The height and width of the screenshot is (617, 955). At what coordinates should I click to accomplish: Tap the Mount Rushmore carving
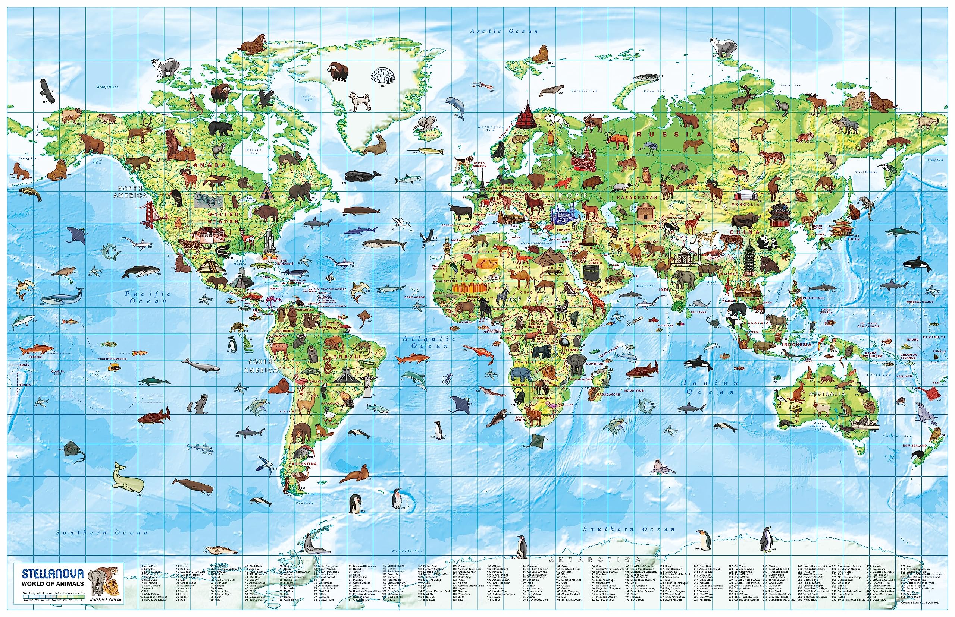pos(209,199)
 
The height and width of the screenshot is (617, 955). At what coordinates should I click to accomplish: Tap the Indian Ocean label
pos(711,387)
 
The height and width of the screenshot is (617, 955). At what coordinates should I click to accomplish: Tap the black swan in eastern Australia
pos(863,390)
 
